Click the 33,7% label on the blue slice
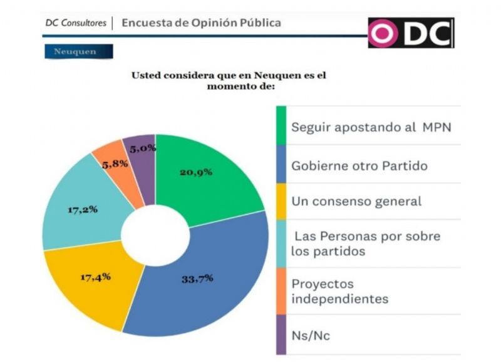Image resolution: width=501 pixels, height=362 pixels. coord(197,278)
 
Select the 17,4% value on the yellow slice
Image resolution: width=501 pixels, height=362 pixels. coord(96,276)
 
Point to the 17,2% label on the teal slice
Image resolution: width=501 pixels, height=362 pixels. coord(82,209)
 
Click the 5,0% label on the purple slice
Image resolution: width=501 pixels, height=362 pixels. coord(143,148)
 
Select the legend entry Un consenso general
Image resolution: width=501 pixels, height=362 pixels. coord(356,201)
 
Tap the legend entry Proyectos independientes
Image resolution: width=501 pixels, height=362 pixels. coord(339,291)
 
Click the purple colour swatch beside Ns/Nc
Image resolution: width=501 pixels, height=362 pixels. coord(281,334)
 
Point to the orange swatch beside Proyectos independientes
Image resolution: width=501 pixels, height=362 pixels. coord(281,291)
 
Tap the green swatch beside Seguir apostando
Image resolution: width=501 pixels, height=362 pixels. coord(281,126)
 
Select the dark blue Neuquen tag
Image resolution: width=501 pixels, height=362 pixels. coord(78,51)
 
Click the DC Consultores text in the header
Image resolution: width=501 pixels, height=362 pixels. coord(75,23)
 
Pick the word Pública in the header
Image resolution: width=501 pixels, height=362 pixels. coord(260,23)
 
